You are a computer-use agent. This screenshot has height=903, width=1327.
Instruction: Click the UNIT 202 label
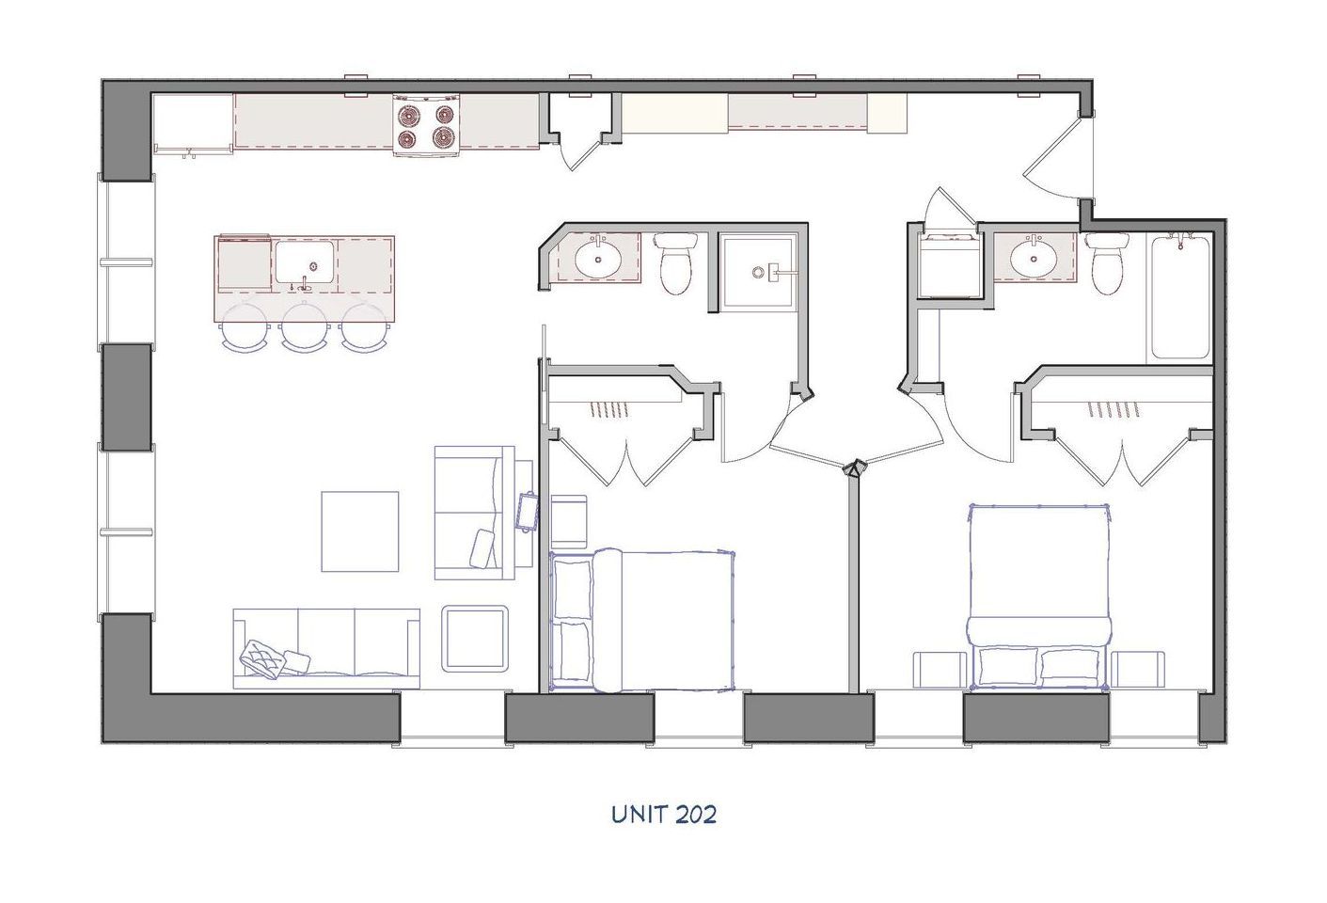click(x=663, y=814)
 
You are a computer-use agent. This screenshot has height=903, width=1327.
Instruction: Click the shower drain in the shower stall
click(x=759, y=273)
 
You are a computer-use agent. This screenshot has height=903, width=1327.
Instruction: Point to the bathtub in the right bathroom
click(x=1180, y=295)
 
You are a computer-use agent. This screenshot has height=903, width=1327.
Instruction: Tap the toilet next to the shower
click(x=676, y=264)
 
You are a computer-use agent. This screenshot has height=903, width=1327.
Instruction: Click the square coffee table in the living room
click(x=360, y=531)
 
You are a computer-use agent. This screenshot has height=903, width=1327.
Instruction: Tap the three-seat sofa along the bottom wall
click(x=325, y=648)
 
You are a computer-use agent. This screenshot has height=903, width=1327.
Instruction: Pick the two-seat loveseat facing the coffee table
click(x=472, y=513)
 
